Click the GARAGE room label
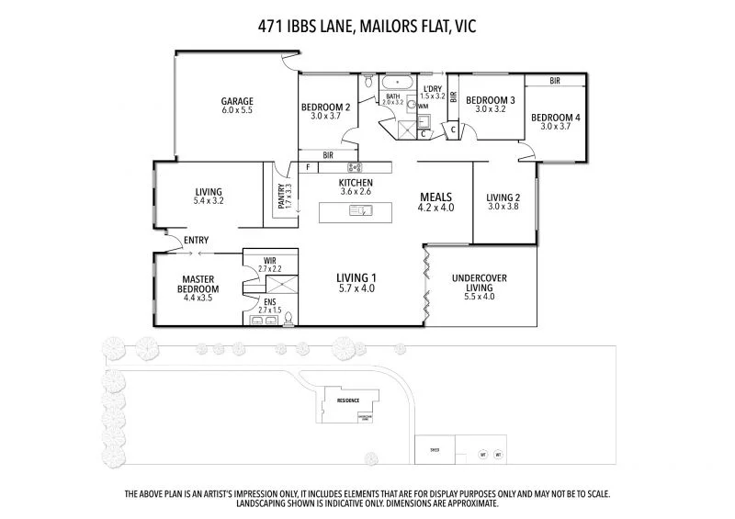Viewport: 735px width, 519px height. click(236, 101)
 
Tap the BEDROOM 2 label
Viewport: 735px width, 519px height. click(326, 107)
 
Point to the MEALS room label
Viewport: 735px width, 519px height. click(436, 197)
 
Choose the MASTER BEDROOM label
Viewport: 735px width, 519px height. click(198, 284)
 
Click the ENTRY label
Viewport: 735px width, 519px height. click(196, 241)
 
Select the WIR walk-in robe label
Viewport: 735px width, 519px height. click(269, 261)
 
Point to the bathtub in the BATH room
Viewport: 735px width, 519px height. click(396, 82)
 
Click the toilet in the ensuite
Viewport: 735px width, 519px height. click(289, 319)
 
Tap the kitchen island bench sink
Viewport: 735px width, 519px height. click(359, 211)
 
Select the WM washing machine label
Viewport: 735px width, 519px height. click(423, 107)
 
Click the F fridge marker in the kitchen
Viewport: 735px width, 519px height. click(308, 167)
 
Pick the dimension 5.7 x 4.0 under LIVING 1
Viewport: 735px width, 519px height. click(356, 288)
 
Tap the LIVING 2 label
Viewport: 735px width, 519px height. click(503, 197)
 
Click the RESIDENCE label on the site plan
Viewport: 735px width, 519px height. click(347, 401)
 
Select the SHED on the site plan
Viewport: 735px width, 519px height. click(435, 450)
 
